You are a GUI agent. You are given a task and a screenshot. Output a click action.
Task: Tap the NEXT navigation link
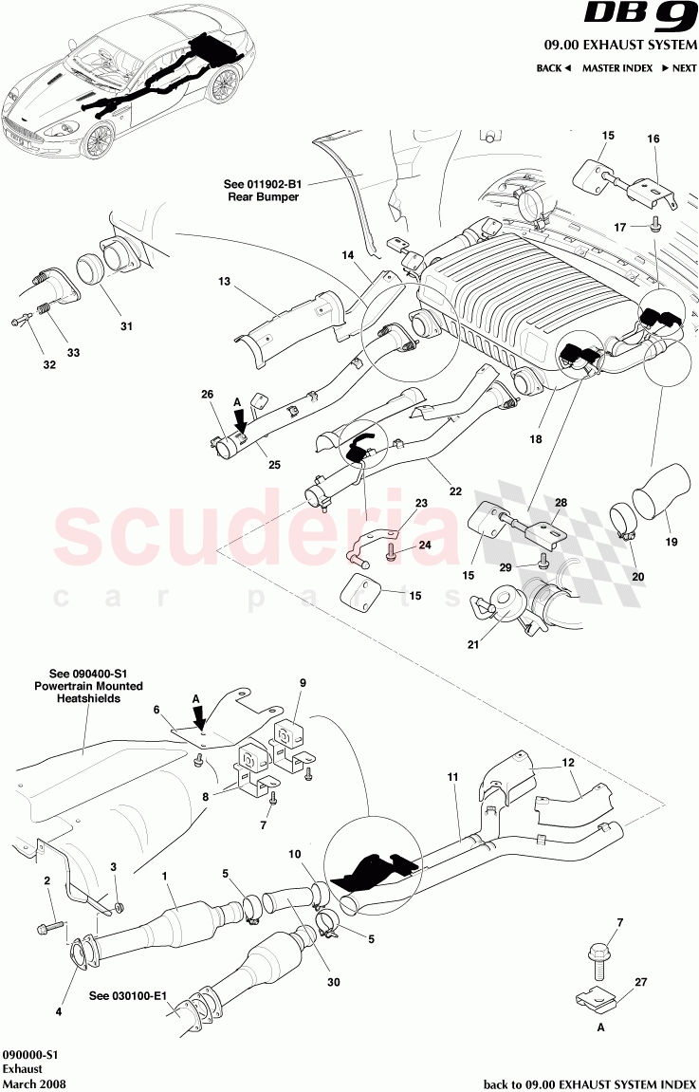coord(679,68)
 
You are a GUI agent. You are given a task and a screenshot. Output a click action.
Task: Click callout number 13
coord(224,281)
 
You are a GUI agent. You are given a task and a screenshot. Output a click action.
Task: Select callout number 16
coord(653,139)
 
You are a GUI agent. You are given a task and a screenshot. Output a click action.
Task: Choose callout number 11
coord(452,777)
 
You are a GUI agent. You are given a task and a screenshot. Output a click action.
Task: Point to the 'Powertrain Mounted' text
coord(88,685)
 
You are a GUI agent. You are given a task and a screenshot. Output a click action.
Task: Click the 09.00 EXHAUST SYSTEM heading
coord(620,46)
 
